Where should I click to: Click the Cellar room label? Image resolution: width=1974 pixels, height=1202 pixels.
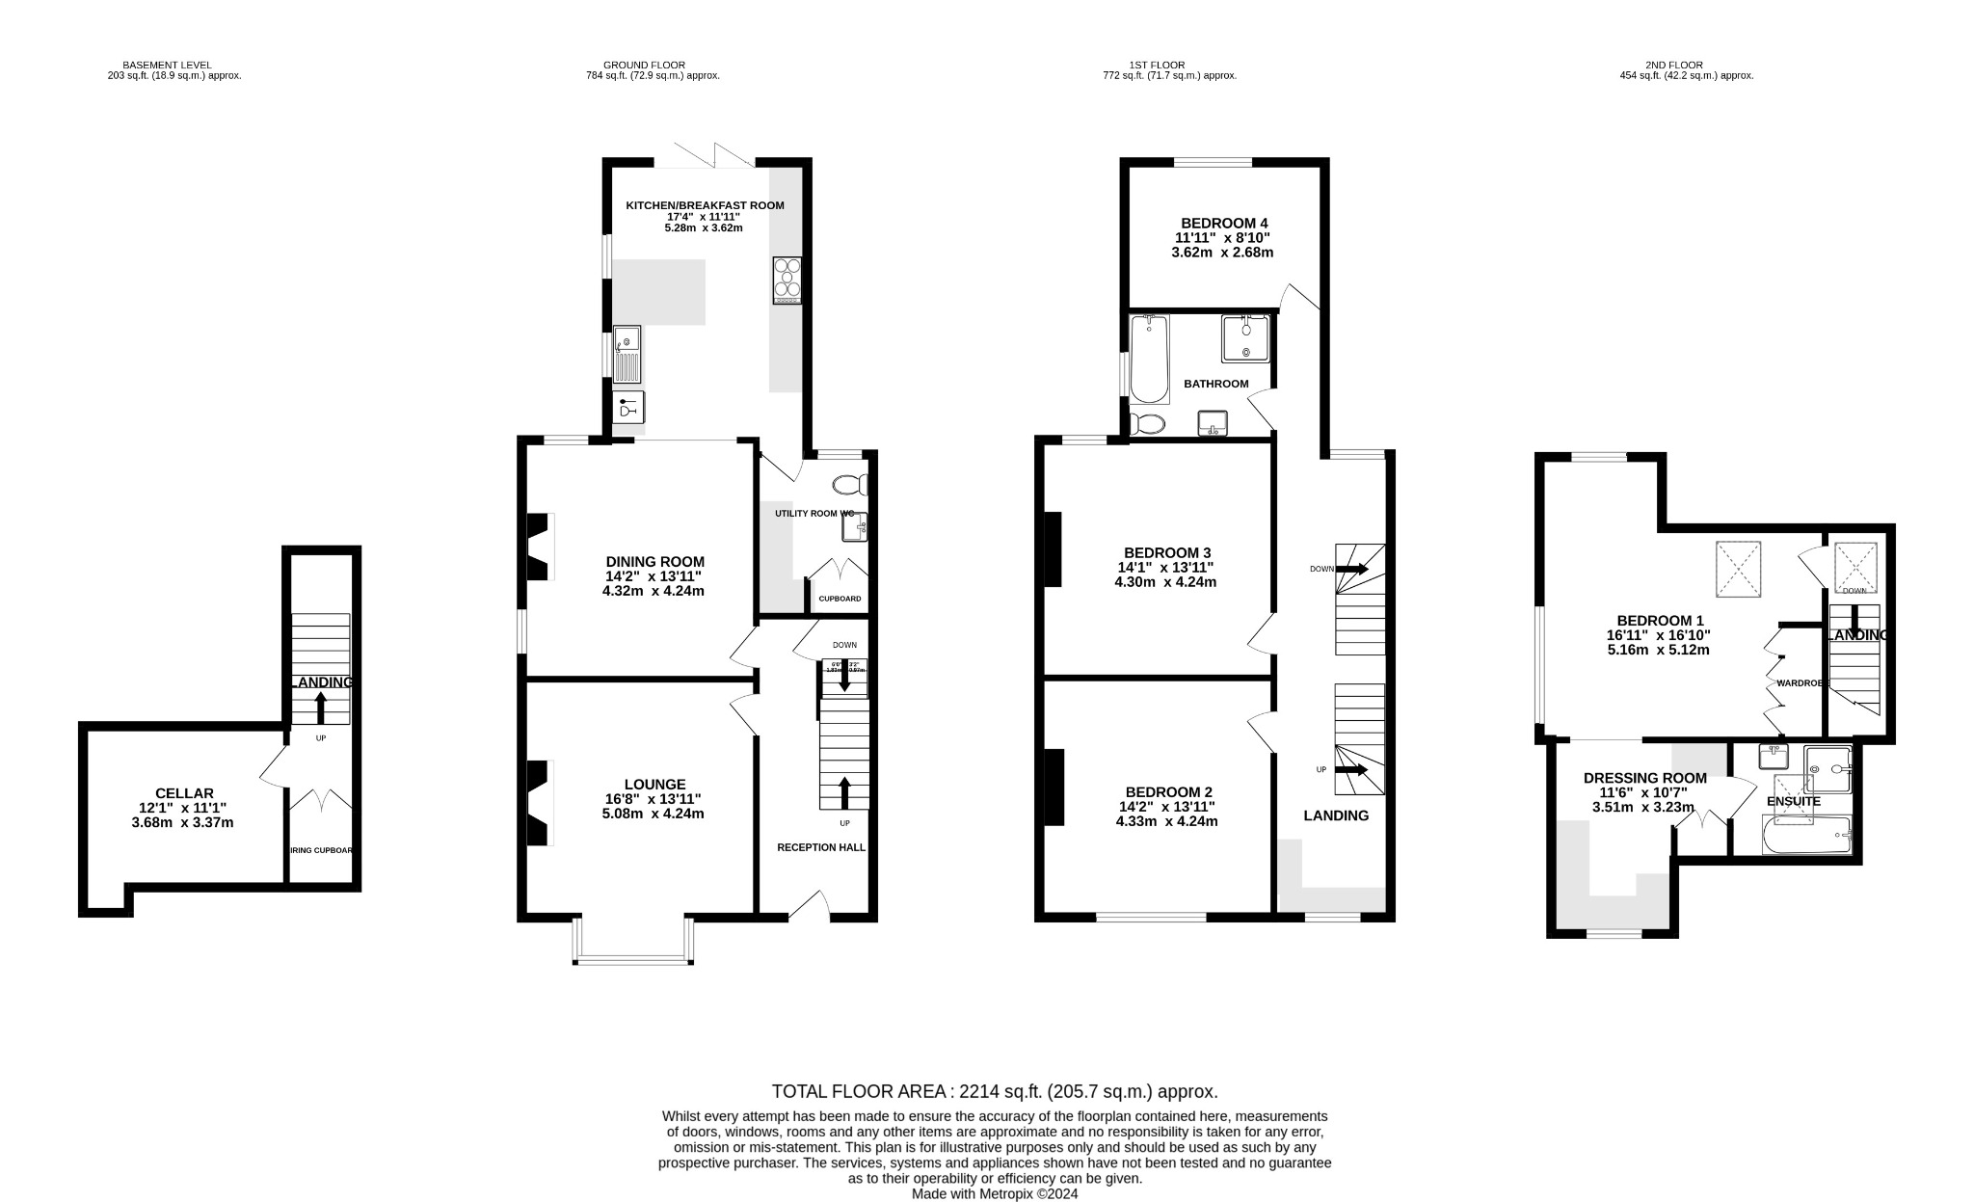pyautogui.click(x=184, y=793)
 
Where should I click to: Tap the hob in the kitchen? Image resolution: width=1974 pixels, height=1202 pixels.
pyautogui.click(x=787, y=280)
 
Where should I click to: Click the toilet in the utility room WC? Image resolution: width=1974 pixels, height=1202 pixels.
pyautogui.click(x=851, y=484)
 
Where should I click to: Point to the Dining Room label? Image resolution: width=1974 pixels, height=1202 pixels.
pyautogui.click(x=654, y=562)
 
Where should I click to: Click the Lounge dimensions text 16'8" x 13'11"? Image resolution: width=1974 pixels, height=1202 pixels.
pyautogui.click(x=654, y=799)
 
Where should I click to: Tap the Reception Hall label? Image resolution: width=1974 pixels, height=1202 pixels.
pyautogui.click(x=821, y=847)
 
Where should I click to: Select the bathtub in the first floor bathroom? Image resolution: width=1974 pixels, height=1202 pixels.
pyautogui.click(x=1148, y=360)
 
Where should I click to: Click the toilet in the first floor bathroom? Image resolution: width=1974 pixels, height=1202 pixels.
pyautogui.click(x=1146, y=423)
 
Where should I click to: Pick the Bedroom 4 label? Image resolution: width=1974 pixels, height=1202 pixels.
pyautogui.click(x=1221, y=223)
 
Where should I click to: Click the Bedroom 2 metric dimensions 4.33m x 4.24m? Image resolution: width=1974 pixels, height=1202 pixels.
pyautogui.click(x=1166, y=822)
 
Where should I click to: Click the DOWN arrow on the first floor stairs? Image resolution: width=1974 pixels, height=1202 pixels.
pyautogui.click(x=1353, y=569)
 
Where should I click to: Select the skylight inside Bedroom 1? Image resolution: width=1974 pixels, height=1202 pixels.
pyautogui.click(x=1738, y=570)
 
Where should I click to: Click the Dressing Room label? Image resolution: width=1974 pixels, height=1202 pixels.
pyautogui.click(x=1644, y=778)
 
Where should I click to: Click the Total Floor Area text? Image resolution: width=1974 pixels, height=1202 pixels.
pyautogui.click(x=994, y=1091)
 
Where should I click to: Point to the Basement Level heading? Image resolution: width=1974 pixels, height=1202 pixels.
pyautogui.click(x=173, y=65)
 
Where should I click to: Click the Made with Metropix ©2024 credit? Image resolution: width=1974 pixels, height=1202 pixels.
pyautogui.click(x=995, y=1193)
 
